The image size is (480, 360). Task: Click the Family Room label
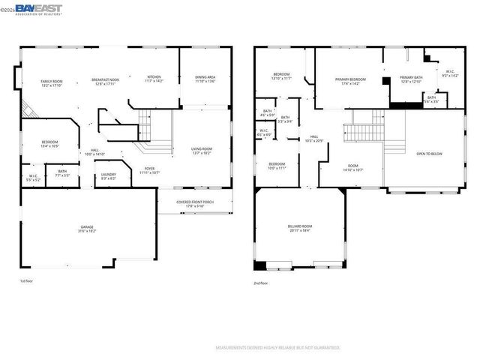pyautogui.click(x=51, y=82)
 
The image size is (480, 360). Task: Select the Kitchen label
pyautogui.click(x=154, y=78)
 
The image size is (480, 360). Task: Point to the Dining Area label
pyautogui.click(x=205, y=78)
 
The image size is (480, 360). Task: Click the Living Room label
pyautogui.click(x=202, y=151)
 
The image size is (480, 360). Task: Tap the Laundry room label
pyautogui.click(x=108, y=176)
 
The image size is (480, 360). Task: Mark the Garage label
pyautogui.click(x=88, y=228)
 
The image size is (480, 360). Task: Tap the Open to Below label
pyautogui.click(x=429, y=154)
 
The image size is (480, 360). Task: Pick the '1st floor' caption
pyautogui.click(x=26, y=281)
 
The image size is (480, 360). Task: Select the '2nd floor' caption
pyautogui.click(x=261, y=283)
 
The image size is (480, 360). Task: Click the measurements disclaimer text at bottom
pyautogui.click(x=277, y=348)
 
